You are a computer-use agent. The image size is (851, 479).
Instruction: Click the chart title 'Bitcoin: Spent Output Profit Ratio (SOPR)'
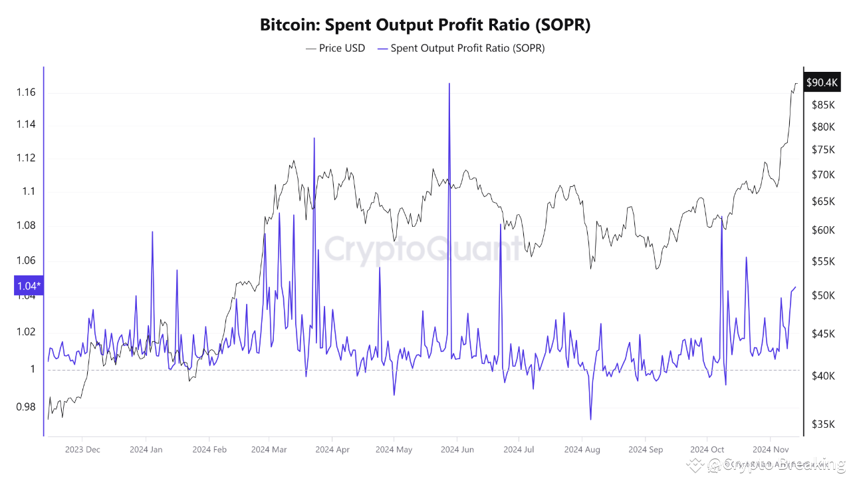point(425,25)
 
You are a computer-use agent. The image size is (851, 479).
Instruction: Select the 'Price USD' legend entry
point(335,48)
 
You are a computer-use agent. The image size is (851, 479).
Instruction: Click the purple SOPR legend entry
point(460,48)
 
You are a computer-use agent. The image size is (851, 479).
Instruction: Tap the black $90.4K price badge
point(822,82)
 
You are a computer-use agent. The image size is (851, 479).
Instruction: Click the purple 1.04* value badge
point(28,286)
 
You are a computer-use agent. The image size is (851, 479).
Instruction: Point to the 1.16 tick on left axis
point(27,92)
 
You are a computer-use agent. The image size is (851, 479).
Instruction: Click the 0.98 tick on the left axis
point(27,407)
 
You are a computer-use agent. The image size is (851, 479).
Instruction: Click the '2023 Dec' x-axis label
point(83,450)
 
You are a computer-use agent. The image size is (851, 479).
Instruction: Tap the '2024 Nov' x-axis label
point(770,450)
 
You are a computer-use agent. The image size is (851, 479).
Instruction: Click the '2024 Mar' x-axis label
point(269,450)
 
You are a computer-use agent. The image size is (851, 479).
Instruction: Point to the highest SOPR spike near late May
point(449,84)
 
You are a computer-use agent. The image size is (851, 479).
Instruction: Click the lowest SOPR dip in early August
point(590,419)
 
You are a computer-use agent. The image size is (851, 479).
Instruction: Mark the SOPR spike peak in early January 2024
point(152,232)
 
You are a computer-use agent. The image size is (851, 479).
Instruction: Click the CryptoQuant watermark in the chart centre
point(424,249)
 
